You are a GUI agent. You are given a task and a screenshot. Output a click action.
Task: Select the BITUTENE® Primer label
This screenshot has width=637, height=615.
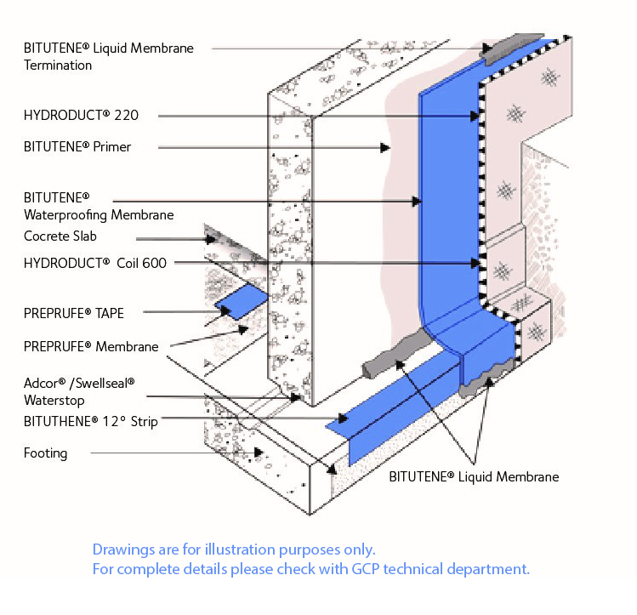point(77,146)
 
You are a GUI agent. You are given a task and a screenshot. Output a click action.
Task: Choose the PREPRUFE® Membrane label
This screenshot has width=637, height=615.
point(90,345)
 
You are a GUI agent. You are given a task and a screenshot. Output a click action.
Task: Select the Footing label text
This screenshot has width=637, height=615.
point(45,453)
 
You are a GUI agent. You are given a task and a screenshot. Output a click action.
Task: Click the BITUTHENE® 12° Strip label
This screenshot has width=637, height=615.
point(90,421)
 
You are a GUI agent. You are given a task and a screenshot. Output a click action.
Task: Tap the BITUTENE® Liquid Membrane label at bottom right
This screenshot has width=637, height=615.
point(474,476)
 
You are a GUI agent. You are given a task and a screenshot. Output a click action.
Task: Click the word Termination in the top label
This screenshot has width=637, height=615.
point(58,65)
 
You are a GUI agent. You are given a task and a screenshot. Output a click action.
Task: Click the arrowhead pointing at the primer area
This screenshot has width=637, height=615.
point(385,147)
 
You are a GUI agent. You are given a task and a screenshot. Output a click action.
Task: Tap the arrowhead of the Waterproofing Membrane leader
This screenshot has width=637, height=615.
point(417,202)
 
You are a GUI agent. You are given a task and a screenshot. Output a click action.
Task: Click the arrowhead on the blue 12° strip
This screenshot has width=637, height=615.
point(343,419)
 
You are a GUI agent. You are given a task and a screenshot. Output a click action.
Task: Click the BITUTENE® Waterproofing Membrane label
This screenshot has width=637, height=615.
point(99,206)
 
